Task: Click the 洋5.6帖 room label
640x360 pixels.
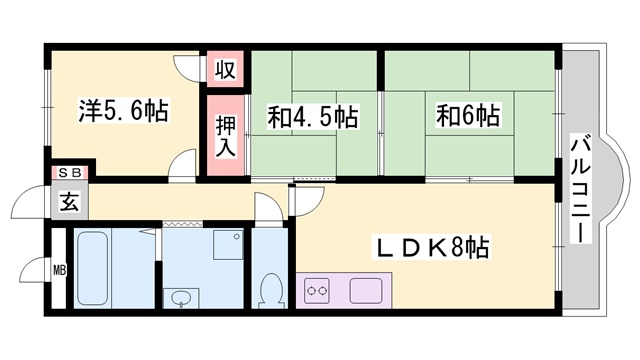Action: click(x=124, y=110)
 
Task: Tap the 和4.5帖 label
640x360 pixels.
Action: click(x=312, y=117)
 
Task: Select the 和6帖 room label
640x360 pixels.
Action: click(x=467, y=117)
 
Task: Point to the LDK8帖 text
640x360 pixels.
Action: click(x=432, y=245)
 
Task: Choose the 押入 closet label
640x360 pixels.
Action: click(x=226, y=134)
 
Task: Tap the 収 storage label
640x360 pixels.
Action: click(x=226, y=71)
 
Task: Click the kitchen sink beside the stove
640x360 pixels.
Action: click(x=365, y=292)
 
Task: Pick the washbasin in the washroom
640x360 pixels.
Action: click(x=182, y=298)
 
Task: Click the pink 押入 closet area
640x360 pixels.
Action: click(x=226, y=135)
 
